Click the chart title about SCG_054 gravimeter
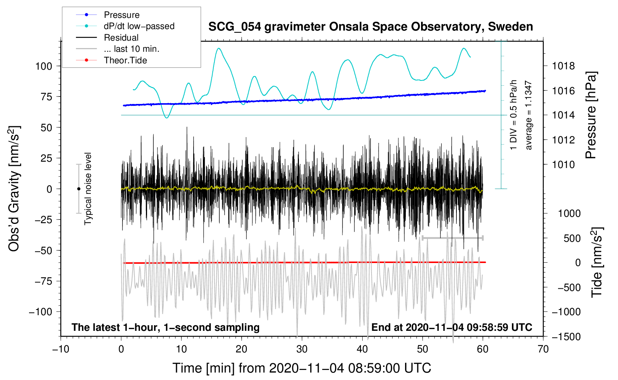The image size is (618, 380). [370, 27]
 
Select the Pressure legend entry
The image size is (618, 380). [121, 15]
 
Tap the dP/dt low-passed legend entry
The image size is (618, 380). [139, 26]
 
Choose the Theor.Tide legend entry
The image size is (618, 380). [125, 60]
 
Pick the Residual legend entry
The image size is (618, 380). [121, 38]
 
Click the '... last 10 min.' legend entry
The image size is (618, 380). [131, 49]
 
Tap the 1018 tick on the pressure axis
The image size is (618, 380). [563, 66]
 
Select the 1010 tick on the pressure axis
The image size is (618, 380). [563, 165]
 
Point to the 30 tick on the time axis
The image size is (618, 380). [302, 349]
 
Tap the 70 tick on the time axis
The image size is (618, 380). [543, 349]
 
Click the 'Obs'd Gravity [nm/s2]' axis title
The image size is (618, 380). [14, 189]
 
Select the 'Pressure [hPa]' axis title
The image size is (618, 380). [591, 115]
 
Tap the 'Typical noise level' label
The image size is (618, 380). [88, 189]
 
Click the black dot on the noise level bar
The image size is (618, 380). [79, 189]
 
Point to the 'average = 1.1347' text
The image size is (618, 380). [529, 115]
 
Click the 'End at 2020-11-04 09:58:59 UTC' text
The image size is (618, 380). [452, 327]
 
